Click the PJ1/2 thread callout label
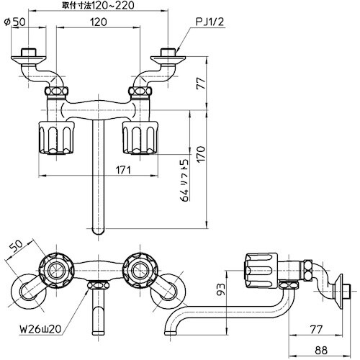point(210,22)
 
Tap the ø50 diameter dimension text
point(15,22)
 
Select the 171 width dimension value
point(123,170)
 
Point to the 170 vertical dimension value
point(201,154)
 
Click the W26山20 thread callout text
point(40,329)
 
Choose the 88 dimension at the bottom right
point(321,351)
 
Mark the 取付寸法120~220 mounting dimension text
point(98,6)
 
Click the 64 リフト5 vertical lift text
point(184,180)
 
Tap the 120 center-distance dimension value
point(99,22)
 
